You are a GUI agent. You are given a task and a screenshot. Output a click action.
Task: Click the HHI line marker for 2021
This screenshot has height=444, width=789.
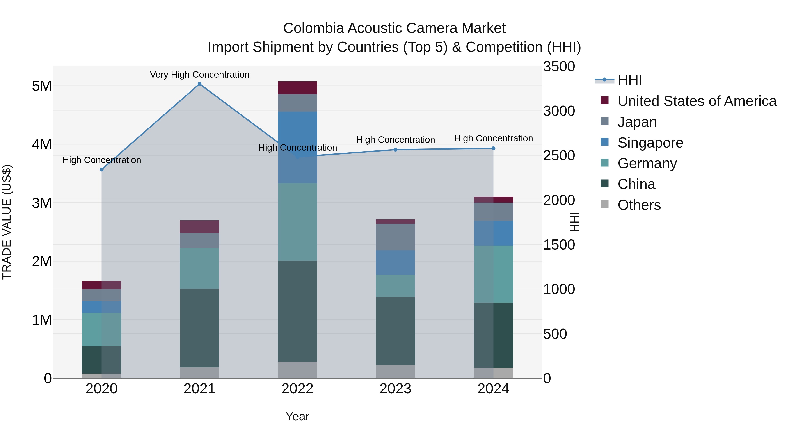coord(199,84)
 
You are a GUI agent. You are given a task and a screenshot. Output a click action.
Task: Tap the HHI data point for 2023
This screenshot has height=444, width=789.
coord(395,150)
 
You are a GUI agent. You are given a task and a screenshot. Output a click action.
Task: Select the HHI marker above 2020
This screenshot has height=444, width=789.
coord(102,169)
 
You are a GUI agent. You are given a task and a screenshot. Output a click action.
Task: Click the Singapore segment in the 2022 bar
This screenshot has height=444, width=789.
coord(297,147)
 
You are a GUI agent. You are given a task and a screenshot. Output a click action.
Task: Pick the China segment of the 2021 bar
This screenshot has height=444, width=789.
coord(199,328)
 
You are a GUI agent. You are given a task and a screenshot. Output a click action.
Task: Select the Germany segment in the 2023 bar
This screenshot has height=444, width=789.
coord(395,285)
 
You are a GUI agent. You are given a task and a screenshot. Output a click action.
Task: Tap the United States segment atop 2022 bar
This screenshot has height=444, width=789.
coord(297,88)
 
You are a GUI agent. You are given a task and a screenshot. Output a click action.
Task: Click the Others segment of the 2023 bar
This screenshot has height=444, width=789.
coord(395,371)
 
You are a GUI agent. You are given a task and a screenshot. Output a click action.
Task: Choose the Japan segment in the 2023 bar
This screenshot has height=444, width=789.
coord(395,237)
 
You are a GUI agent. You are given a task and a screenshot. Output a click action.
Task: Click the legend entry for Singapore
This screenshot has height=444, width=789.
coord(650,143)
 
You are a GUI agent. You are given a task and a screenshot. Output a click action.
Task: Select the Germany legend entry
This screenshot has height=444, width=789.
coord(647,163)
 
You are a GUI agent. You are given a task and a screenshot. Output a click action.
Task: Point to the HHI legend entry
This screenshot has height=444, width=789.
coord(629,80)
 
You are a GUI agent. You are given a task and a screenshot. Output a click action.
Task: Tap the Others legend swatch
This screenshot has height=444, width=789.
coord(604,204)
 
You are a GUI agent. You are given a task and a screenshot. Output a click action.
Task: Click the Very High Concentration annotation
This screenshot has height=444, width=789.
coord(199,75)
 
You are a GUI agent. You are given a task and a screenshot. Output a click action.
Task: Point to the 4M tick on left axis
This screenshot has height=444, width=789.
coord(42,144)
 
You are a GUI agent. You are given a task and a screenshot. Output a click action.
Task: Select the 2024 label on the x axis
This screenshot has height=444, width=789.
coord(493,389)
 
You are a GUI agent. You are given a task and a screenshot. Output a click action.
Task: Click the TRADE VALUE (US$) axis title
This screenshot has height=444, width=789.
coord(7,222)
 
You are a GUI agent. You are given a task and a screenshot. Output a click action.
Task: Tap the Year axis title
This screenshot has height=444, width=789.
coord(297,416)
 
